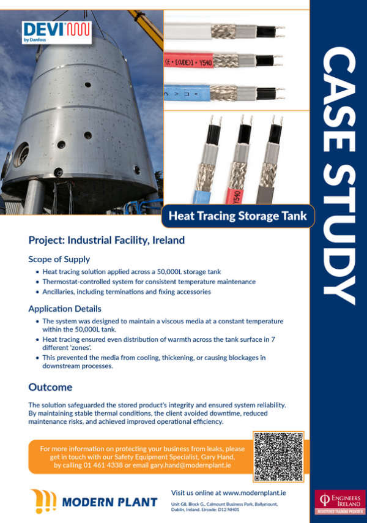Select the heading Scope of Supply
[59, 259]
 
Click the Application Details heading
[65, 309]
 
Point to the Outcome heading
[50, 387]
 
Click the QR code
[278, 457]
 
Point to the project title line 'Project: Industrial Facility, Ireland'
[106, 241]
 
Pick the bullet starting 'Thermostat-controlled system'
[149, 282]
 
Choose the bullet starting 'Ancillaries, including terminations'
[127, 292]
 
